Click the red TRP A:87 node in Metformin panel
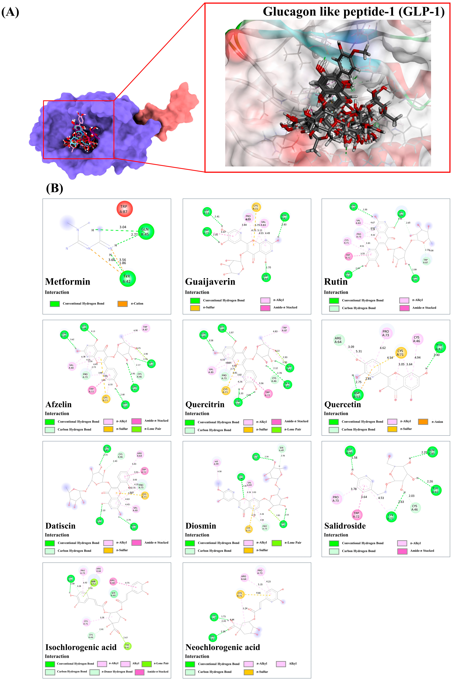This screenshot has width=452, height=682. (x=124, y=209)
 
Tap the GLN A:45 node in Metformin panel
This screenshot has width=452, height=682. (x=146, y=232)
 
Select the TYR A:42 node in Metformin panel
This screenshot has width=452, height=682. (x=127, y=279)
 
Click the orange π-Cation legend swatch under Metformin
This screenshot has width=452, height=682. (x=123, y=304)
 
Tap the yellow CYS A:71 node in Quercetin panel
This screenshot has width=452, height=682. (x=400, y=352)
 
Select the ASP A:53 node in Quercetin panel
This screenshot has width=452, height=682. (x=357, y=395)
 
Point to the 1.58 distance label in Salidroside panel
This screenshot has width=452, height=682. (x=355, y=458)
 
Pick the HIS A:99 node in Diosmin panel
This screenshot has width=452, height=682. (x=216, y=463)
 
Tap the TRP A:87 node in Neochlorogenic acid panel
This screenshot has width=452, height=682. (x=212, y=637)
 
